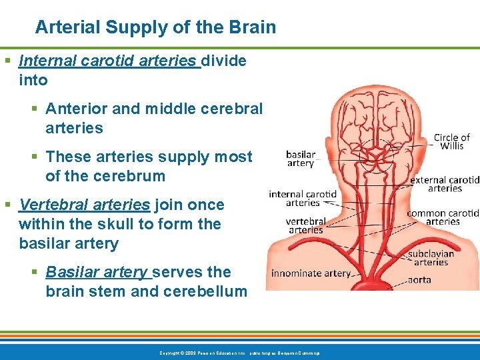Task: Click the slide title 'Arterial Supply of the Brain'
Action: (x=155, y=28)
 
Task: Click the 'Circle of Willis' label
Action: (x=452, y=142)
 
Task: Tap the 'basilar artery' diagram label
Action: (x=300, y=158)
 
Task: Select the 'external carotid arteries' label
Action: (x=445, y=184)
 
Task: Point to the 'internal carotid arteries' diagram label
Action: (x=303, y=199)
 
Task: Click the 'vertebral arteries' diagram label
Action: (x=305, y=225)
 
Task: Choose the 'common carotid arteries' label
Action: (x=443, y=217)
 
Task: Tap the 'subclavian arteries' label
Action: (x=431, y=257)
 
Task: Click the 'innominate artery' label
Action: (x=311, y=273)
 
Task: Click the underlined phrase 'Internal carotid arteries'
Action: (x=109, y=61)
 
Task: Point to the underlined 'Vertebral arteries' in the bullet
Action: (x=85, y=205)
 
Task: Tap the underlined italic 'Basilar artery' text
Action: (x=97, y=272)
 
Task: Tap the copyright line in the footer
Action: (x=239, y=353)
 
